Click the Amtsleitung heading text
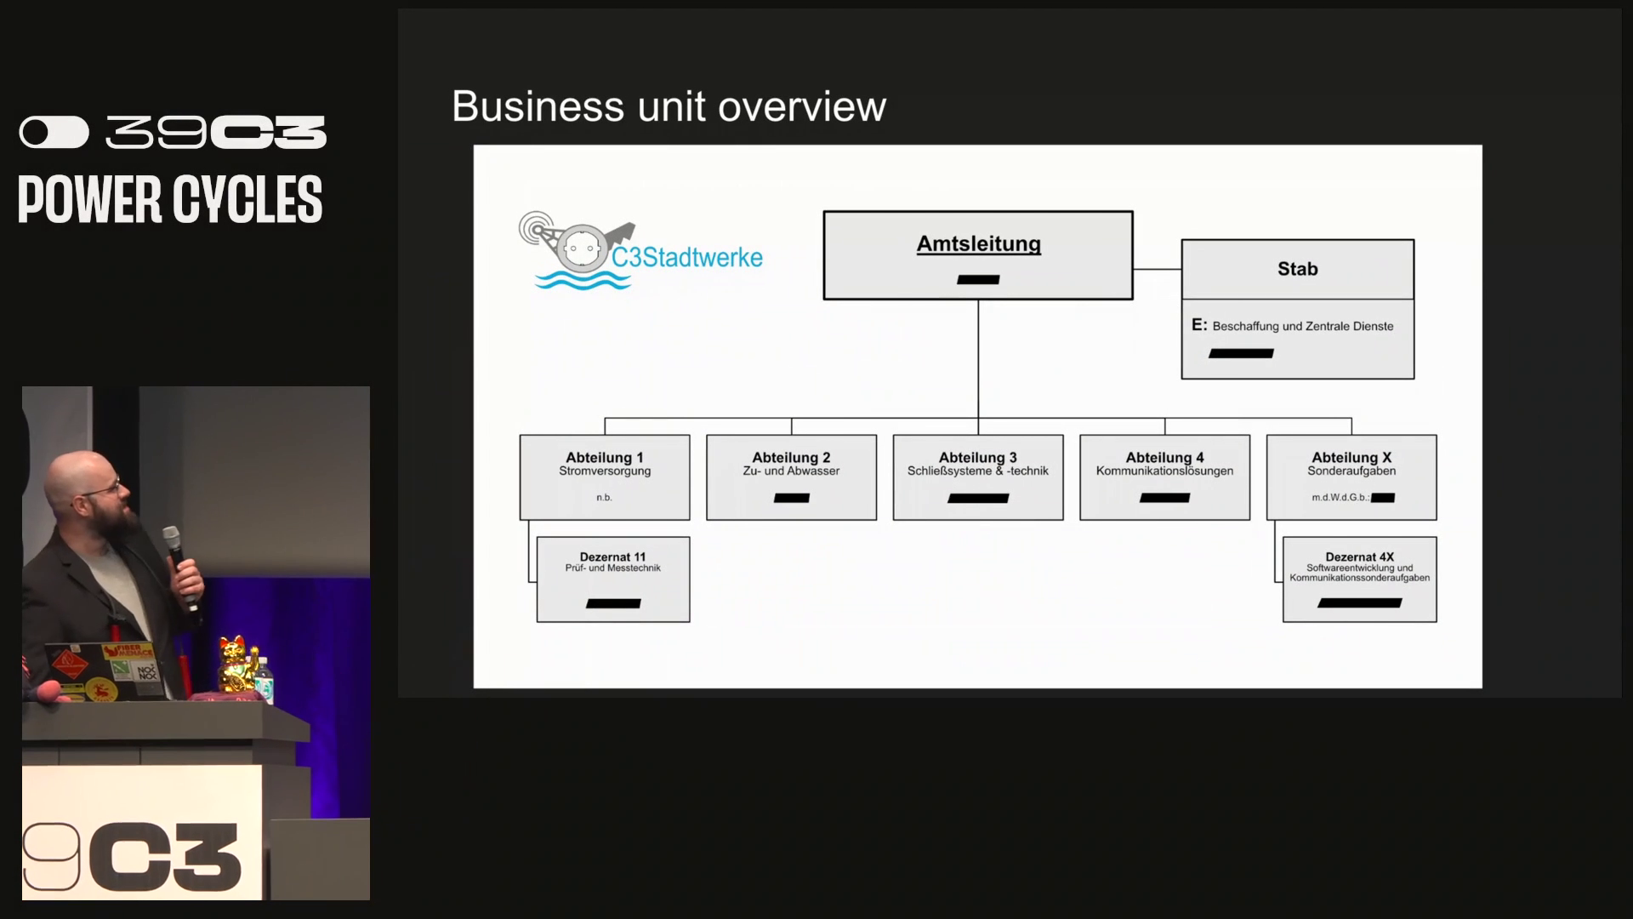978,244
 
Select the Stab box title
1297,269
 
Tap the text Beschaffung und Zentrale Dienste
1302,326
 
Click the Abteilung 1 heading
604,458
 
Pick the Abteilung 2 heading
791,458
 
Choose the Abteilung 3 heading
977,458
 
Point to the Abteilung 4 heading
1164,458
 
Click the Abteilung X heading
1351,458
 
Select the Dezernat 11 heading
612,557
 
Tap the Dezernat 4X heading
1359,557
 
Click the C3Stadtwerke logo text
686,258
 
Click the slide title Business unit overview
669,107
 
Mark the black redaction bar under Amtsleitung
978,279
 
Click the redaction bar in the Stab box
1241,353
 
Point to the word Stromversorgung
604,471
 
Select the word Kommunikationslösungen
1164,471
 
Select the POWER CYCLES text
170,200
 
